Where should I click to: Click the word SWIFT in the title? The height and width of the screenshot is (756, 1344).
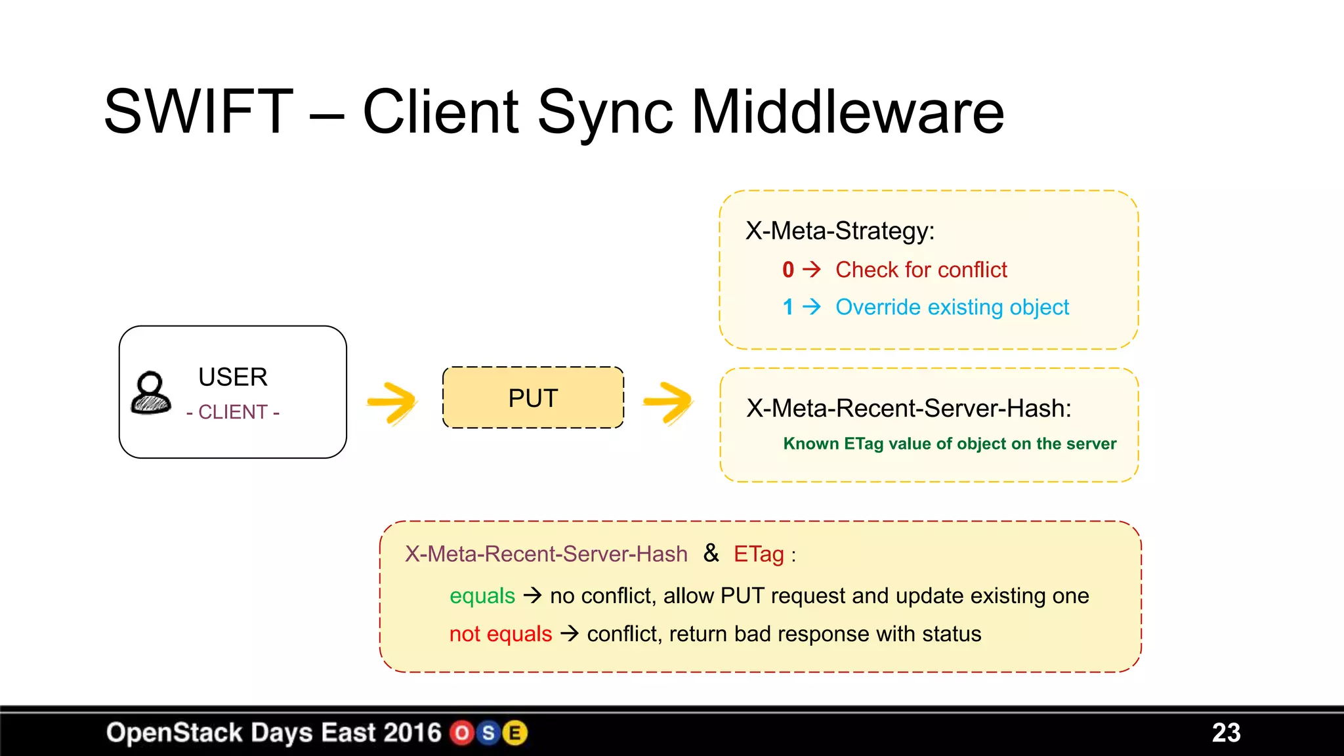coord(198,112)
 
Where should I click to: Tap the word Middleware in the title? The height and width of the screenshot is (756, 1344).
coord(847,112)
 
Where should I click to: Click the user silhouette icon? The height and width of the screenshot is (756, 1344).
coord(151,393)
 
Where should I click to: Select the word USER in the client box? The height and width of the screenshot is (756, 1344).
coord(233,377)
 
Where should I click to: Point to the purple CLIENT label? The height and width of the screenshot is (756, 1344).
coord(233,412)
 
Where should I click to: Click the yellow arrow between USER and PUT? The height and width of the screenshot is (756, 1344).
coord(392,402)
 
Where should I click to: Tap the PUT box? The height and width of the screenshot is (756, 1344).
coord(533,398)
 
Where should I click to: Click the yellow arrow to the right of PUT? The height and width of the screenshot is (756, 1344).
coord(668,402)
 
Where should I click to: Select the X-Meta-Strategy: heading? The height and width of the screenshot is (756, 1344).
coord(840,231)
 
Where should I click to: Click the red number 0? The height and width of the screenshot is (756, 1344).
coord(788,270)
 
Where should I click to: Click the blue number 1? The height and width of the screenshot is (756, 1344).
coord(788,307)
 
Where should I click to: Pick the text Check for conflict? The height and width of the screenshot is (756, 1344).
coord(921,270)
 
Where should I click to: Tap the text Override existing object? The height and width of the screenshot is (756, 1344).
coord(952,307)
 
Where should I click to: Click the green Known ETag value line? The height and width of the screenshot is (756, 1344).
coord(949,444)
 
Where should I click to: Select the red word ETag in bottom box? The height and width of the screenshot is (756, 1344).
coord(759,555)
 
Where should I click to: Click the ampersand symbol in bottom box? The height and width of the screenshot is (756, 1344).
coord(711,553)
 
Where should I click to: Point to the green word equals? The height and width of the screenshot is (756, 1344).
coord(482,596)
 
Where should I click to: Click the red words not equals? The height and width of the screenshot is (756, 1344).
coord(501,634)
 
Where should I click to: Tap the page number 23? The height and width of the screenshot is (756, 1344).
coord(1226,733)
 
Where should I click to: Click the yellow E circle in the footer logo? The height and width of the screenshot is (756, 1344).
coord(515,733)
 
